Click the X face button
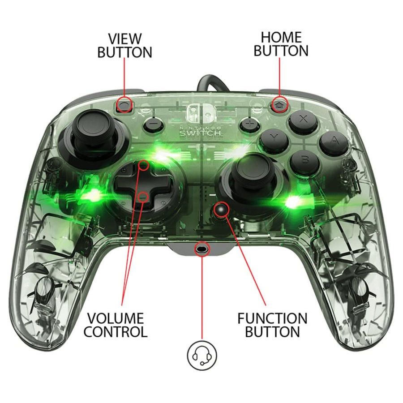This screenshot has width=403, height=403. pos(303,120)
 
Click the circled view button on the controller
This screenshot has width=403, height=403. pos(125,106)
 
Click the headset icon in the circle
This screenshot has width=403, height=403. pos(201,356)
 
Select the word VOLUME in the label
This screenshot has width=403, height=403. pos(115,319)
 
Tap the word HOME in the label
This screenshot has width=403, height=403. pos(281,37)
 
